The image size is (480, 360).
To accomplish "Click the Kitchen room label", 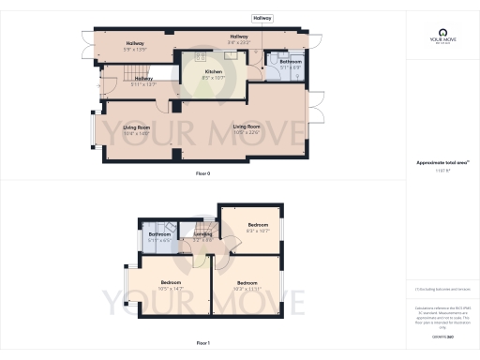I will pyautogui.click(x=213, y=74).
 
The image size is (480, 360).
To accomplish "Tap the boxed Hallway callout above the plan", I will pyautogui.click(x=262, y=18).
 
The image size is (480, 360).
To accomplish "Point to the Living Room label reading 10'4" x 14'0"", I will pyautogui.click(x=136, y=129).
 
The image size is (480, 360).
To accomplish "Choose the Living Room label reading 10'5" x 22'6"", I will pyautogui.click(x=246, y=128).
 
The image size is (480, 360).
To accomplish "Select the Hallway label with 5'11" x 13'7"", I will pyautogui.click(x=137, y=82).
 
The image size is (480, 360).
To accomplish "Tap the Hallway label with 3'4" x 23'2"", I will pyautogui.click(x=239, y=39).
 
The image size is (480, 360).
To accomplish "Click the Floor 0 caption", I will pyautogui.click(x=202, y=174).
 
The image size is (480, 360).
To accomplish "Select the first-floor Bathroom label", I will pyautogui.click(x=159, y=237).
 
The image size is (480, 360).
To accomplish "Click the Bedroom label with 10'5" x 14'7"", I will pyautogui.click(x=170, y=285).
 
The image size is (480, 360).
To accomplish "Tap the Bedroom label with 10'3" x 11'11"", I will pyautogui.click(x=247, y=285).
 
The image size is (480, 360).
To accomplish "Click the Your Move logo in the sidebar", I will pyautogui.click(x=442, y=37).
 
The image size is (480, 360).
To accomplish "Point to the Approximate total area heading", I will pyautogui.click(x=441, y=162).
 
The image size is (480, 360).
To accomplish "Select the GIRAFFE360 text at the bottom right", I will pyautogui.click(x=442, y=336).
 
